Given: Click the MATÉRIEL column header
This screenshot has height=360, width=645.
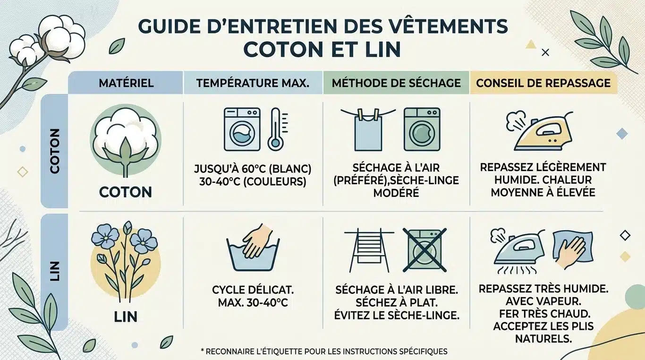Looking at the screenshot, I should (126, 83).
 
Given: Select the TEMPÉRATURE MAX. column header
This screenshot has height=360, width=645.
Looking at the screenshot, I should (253, 83).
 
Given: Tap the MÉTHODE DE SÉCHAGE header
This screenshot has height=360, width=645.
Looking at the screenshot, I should (396, 83).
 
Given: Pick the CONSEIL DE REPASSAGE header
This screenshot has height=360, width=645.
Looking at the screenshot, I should (543, 83).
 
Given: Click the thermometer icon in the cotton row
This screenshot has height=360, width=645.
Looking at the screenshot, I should (275, 129).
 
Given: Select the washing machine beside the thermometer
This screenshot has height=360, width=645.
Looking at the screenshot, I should (242, 129).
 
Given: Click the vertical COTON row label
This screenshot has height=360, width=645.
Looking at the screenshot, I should (55, 151).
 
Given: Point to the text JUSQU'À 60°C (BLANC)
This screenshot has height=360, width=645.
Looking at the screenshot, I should (253, 169).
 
